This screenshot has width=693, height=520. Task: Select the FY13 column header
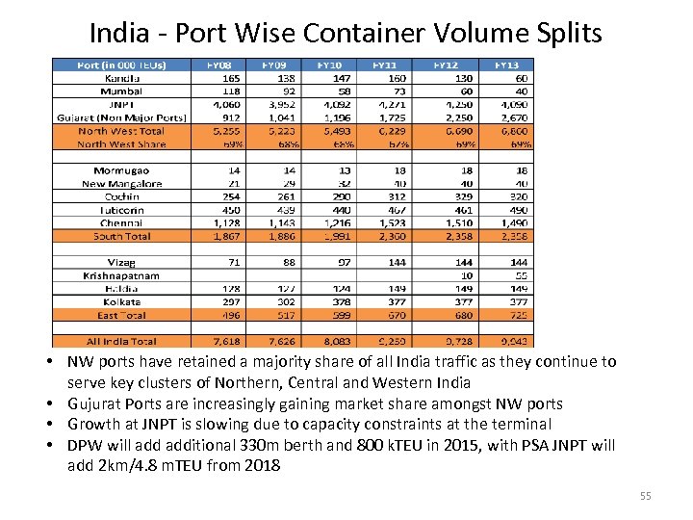pos(506,65)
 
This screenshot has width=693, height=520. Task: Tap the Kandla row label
pos(121,77)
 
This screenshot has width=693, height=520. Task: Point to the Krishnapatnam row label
pos(121,275)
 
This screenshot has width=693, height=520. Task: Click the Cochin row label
pos(121,196)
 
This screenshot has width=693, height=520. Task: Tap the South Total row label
pos(121,236)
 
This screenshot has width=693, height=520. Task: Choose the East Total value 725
pos(518,315)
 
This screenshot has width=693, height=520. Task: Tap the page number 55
pos(646,496)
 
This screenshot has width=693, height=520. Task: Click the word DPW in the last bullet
pos(83,446)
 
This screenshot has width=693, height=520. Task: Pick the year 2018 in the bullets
pos(261,466)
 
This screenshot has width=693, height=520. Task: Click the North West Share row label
pos(121,143)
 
